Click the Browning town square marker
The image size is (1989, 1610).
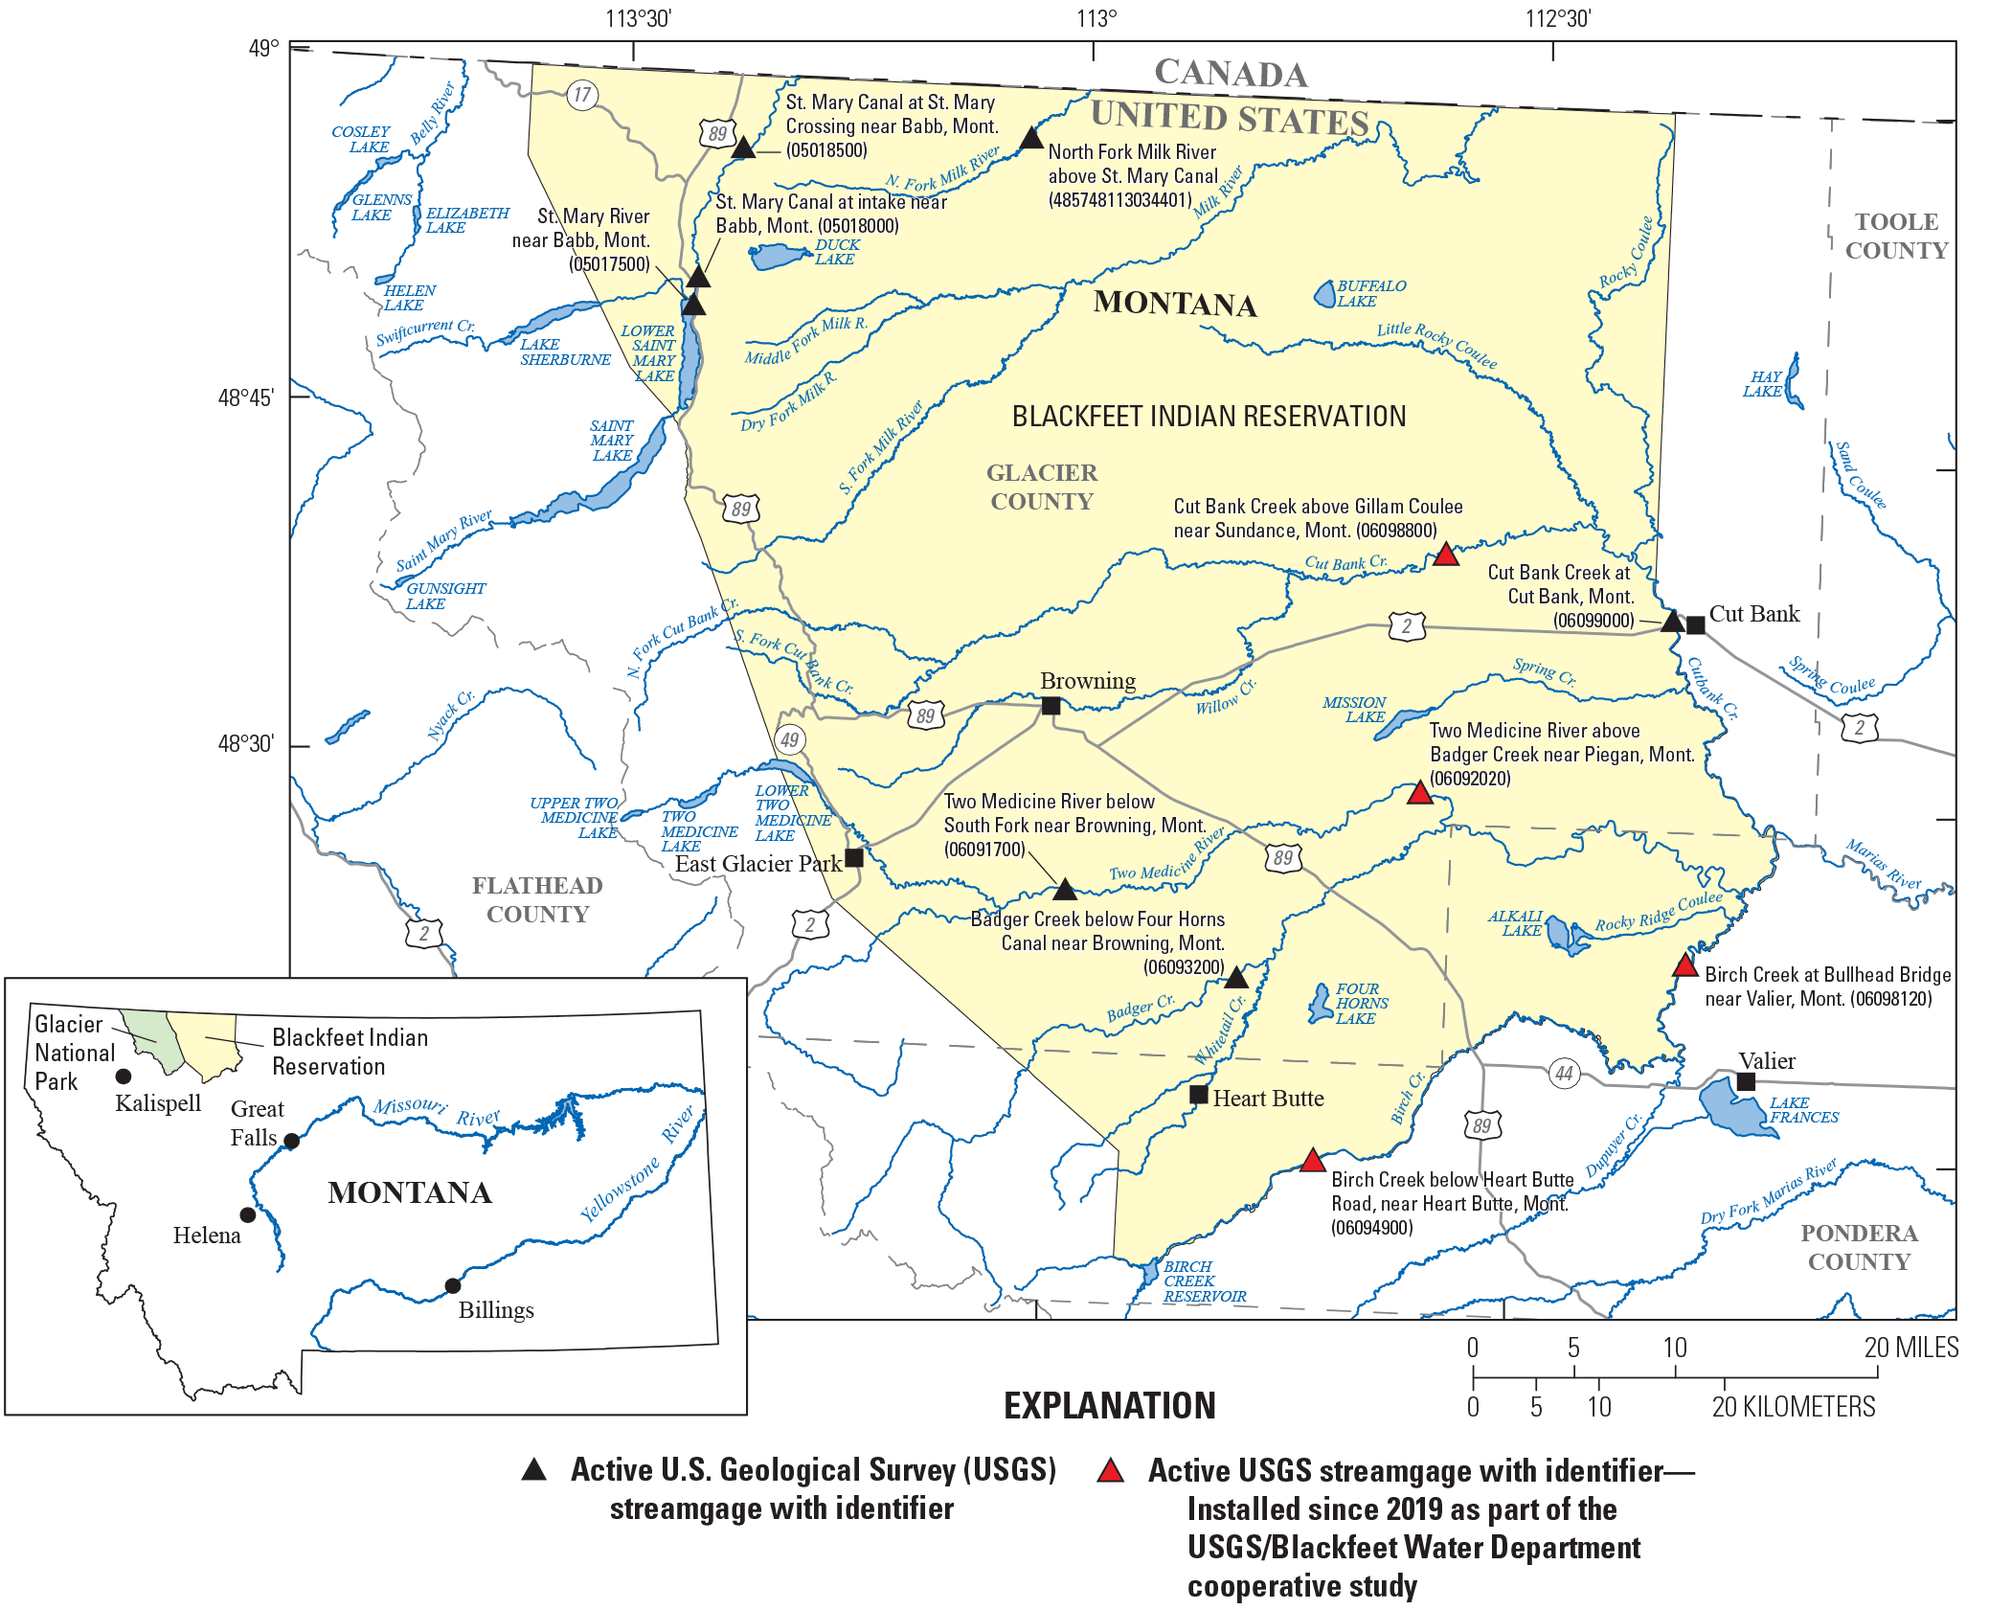1051,706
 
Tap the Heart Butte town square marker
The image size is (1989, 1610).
1198,1094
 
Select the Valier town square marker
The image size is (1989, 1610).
1746,1081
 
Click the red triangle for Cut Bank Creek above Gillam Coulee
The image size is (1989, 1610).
1445,555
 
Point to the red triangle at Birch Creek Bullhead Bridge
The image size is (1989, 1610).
1684,965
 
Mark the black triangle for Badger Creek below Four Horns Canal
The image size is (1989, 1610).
1236,978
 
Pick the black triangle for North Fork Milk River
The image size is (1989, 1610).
1030,139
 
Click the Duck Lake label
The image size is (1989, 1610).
836,252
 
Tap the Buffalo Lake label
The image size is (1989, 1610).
1370,293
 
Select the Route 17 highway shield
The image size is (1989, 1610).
582,95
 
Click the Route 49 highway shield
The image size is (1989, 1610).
789,739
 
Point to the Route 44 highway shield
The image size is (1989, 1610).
1564,1073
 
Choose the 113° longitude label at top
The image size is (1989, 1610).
1096,19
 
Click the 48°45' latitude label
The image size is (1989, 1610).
246,397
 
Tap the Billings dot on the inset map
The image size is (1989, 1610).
453,1285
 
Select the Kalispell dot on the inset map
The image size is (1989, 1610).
124,1077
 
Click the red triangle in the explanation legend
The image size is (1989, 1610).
1111,1471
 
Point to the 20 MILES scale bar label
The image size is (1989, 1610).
1910,1348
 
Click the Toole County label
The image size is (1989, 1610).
1896,237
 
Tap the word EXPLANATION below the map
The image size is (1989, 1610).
1109,1406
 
